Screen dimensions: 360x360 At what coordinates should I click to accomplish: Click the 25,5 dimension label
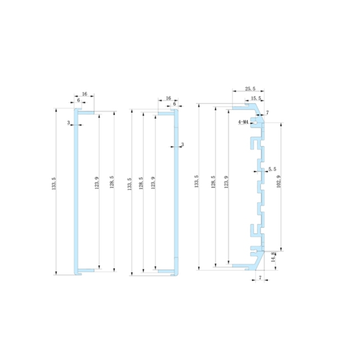click(251, 89)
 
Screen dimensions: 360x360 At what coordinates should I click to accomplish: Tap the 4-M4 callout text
click(244, 121)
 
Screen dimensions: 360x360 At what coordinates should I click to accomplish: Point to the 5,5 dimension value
click(273, 169)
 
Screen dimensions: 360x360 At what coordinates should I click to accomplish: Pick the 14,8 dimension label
click(274, 258)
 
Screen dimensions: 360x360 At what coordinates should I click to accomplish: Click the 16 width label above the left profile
click(84, 94)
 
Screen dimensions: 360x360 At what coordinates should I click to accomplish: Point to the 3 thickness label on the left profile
click(69, 123)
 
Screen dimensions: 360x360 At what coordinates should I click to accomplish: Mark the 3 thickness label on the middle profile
click(182, 145)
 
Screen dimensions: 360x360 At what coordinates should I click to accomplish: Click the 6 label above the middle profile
click(174, 103)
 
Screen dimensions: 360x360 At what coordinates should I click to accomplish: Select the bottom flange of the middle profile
click(166, 272)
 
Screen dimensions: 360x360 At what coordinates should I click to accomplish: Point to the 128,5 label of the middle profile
click(141, 186)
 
